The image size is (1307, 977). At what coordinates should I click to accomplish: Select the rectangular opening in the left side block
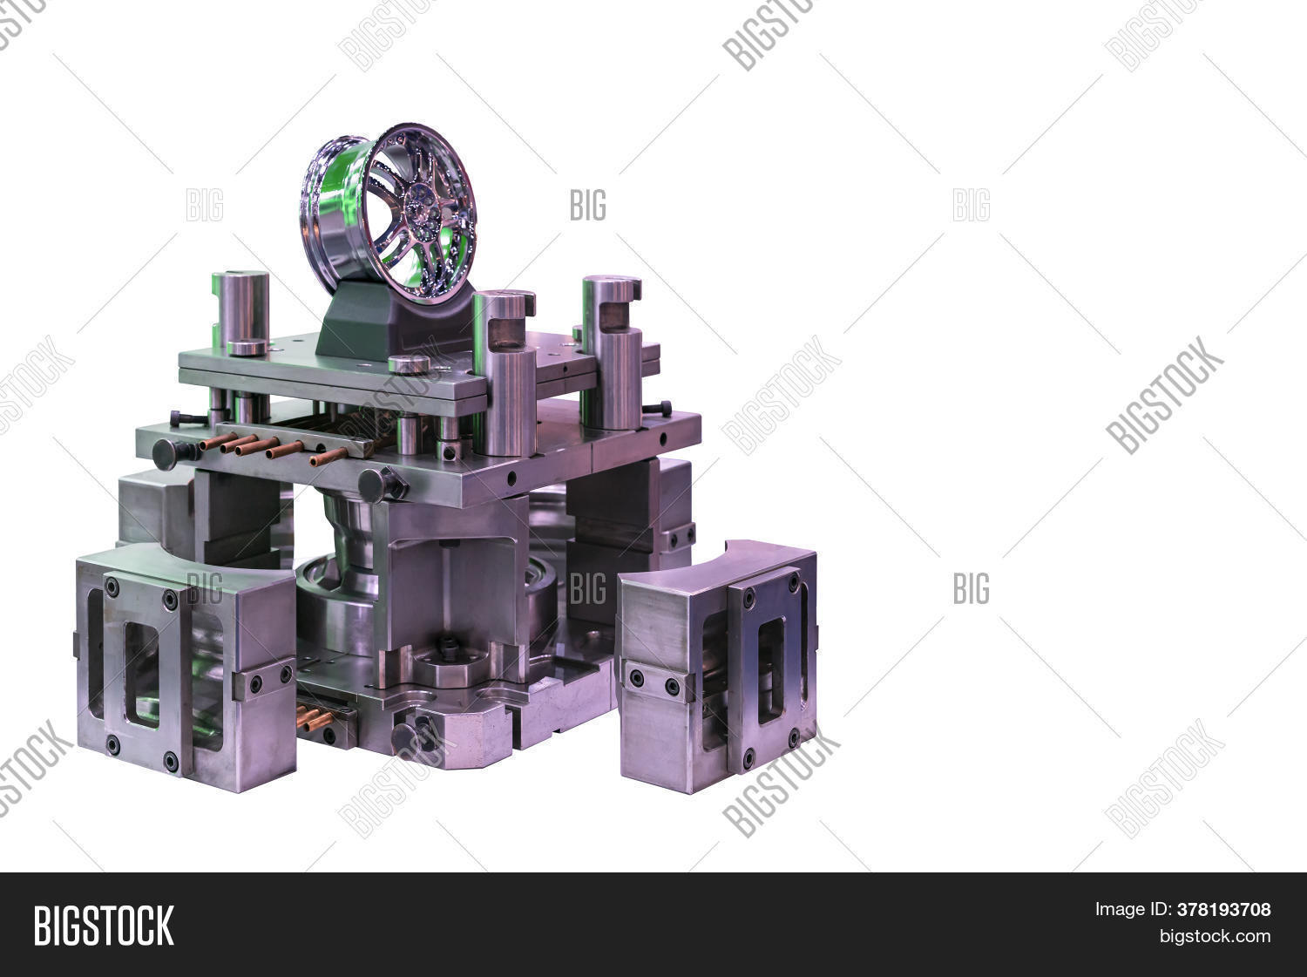pos(142,675)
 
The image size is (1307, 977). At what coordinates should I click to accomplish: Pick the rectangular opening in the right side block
pos(770,670)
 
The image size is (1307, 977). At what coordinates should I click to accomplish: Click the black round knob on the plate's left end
pos(166,454)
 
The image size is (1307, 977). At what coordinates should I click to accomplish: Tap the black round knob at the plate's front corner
pos(376,485)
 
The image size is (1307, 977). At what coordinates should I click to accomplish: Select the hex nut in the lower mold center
pos(449,647)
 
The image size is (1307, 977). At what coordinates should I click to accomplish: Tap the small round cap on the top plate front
pos(409,364)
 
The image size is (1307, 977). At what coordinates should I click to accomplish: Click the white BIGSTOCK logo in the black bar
pos(104,925)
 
